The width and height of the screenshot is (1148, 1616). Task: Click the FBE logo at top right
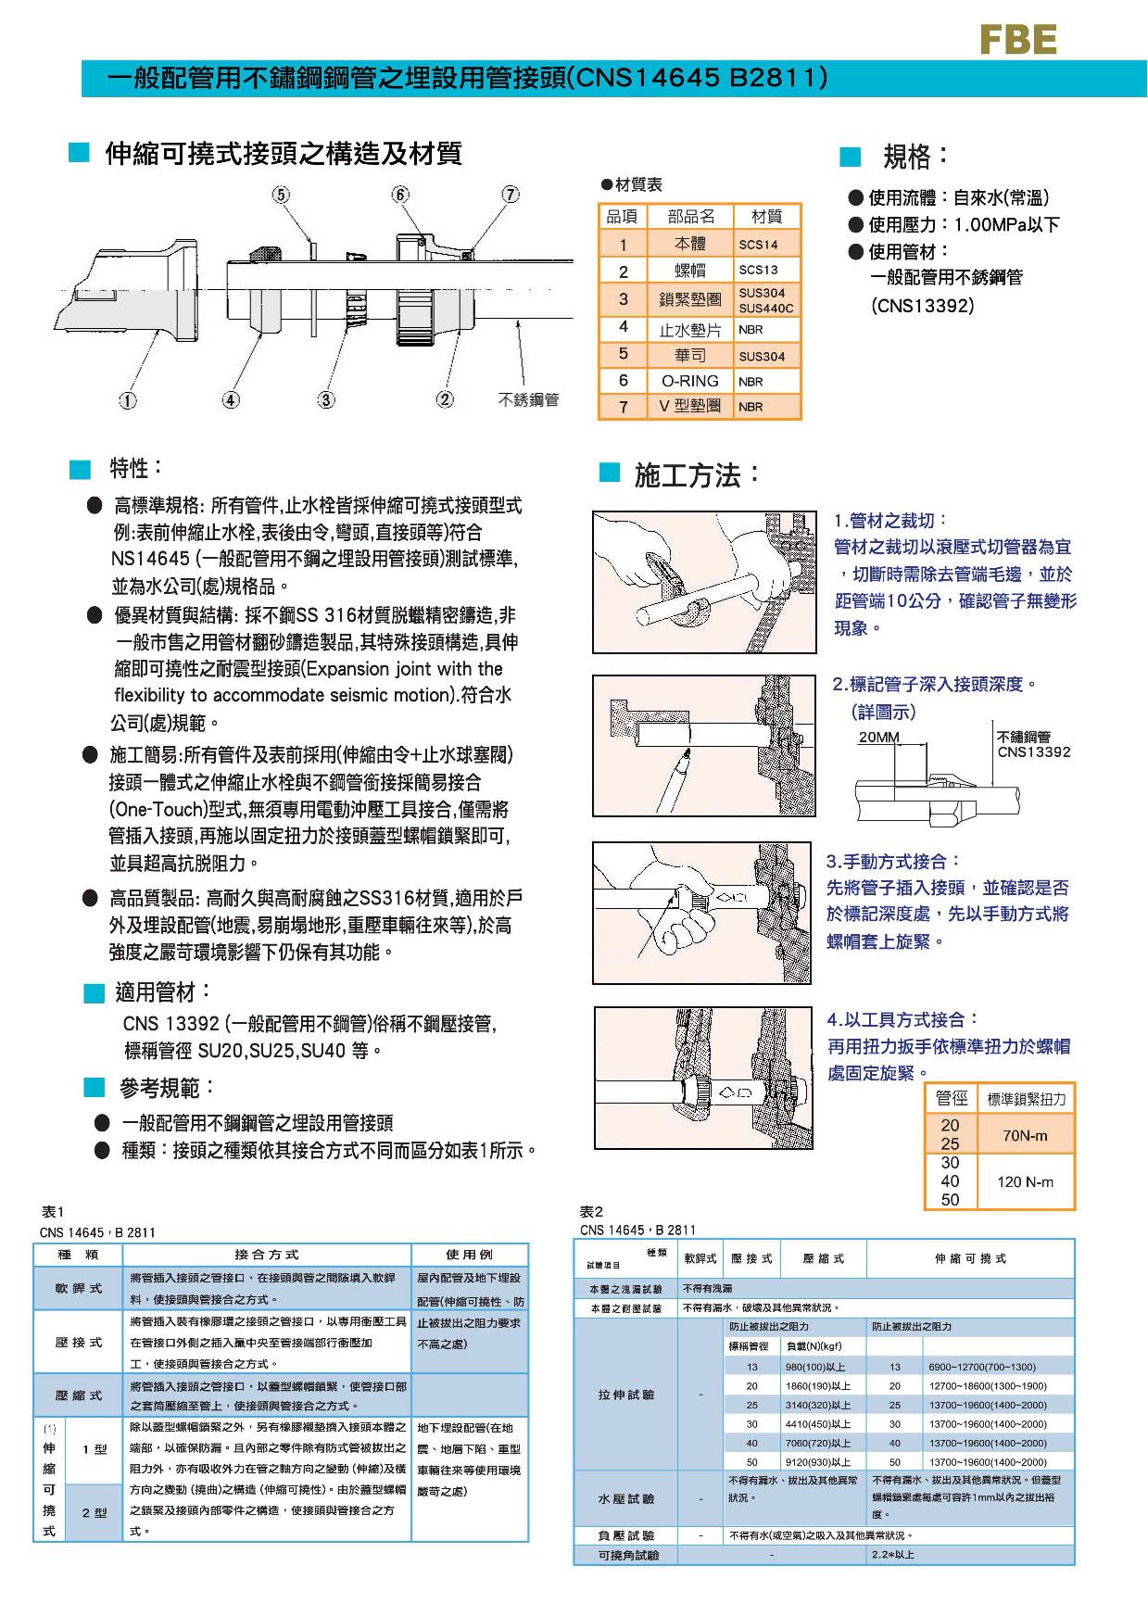coord(1018,40)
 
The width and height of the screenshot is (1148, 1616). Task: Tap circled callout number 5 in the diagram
coord(281,195)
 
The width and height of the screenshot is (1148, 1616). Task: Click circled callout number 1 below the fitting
coord(127,400)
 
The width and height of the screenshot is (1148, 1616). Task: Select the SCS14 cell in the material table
coord(758,245)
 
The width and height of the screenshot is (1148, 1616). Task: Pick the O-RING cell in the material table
coord(690,381)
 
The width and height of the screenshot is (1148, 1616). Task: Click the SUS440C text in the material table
coord(766,309)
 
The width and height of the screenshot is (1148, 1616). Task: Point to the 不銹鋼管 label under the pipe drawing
coord(528,400)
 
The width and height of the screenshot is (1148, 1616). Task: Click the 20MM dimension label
coord(878,738)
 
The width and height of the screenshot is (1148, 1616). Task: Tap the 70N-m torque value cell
coord(1025,1134)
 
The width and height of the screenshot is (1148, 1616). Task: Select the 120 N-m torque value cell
coord(1025,1181)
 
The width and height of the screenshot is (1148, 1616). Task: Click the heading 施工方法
coord(697,476)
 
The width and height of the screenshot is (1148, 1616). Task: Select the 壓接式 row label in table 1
coord(79,1342)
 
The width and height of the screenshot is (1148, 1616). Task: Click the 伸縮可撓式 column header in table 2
coord(970,1258)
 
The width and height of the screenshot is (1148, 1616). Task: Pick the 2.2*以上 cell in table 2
coord(891,1554)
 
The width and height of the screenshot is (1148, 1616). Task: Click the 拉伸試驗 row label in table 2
coord(626,1395)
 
